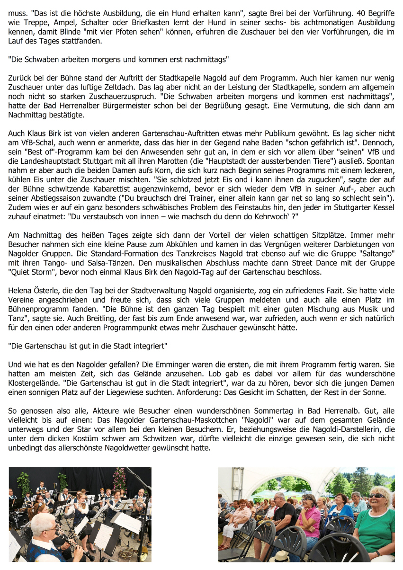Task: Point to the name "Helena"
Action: (x=20, y=291)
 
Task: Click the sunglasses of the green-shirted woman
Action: (x=377, y=496)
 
